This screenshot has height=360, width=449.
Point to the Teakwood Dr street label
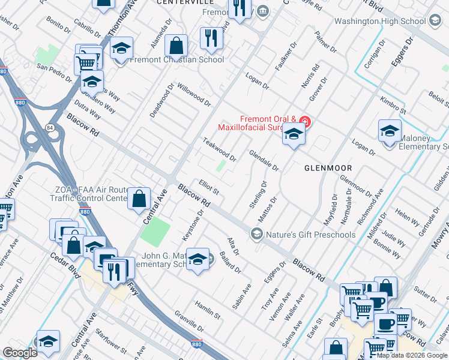[219, 150]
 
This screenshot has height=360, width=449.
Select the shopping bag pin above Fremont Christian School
[176, 46]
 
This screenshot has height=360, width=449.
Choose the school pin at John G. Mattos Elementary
[197, 260]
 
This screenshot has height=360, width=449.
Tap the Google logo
[20, 353]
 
